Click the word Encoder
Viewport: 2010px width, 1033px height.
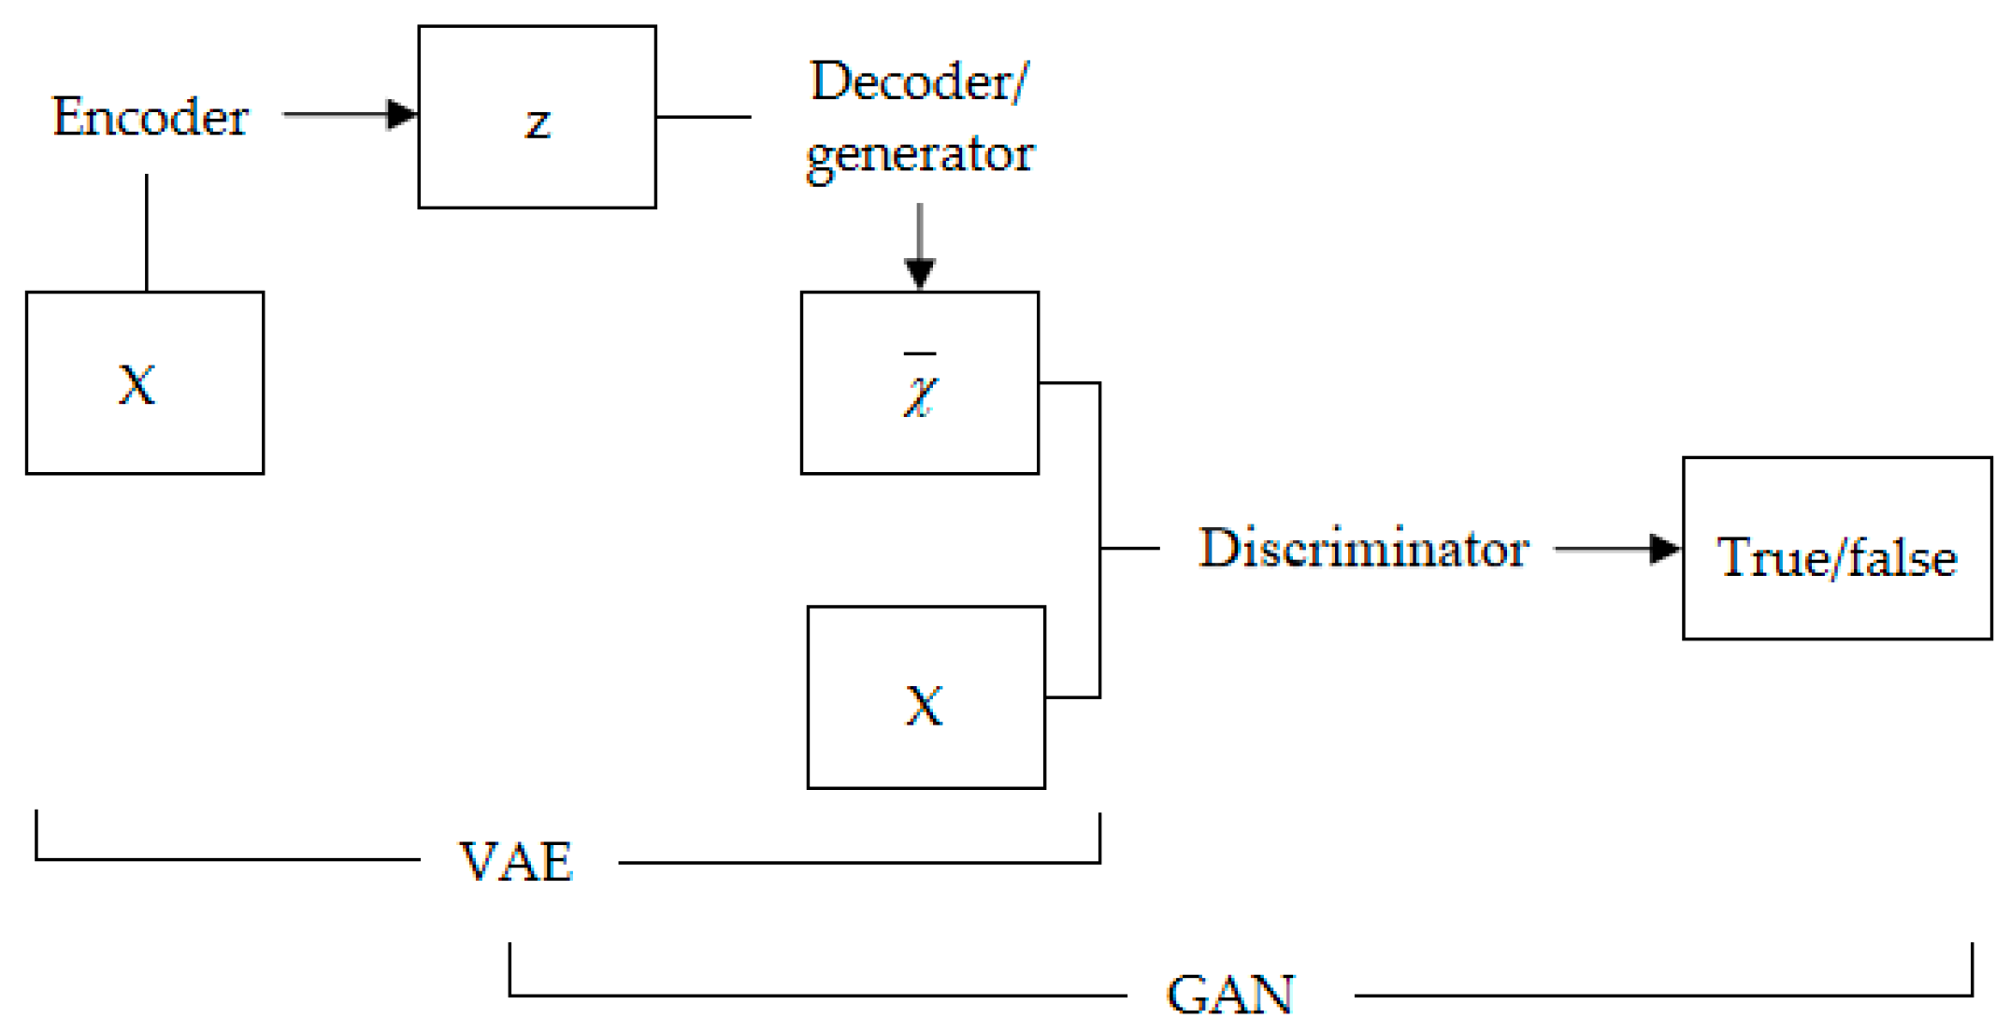[x=150, y=117]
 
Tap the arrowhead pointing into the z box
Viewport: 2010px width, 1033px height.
[x=402, y=115]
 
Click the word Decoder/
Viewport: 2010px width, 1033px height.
[x=918, y=81]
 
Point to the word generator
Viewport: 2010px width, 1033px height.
[x=920, y=154]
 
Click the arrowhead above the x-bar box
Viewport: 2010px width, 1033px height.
[x=920, y=274]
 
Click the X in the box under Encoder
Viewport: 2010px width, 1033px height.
[x=136, y=384]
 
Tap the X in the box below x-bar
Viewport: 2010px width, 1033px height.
[x=925, y=706]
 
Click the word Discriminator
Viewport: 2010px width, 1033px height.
[x=1363, y=548]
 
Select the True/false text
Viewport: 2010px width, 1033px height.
[x=1836, y=558]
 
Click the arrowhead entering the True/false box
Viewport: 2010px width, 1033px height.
[x=1664, y=549]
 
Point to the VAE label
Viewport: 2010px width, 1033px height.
[x=516, y=861]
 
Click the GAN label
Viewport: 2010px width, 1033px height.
[x=1230, y=995]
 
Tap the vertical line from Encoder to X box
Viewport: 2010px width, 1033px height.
[x=147, y=234]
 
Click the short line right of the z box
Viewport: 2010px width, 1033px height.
[x=703, y=117]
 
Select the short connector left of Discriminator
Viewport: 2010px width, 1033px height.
[x=1129, y=548]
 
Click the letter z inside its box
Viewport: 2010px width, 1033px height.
[x=537, y=122]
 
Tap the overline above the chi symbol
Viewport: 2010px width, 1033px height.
[x=920, y=354]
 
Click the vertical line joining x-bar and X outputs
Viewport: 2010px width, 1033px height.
[x=1099, y=467]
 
